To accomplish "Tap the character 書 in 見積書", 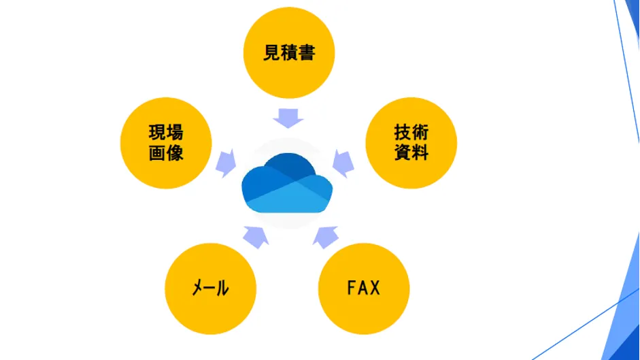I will (x=306, y=53).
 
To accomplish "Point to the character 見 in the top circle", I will (x=272, y=53).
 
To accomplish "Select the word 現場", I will (x=166, y=133).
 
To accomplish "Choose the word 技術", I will (x=411, y=131).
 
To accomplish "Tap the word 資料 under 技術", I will (x=411, y=152).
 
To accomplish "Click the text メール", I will (x=209, y=288).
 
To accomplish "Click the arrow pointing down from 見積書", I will (x=288, y=116).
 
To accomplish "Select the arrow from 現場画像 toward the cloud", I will (x=225, y=163).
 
